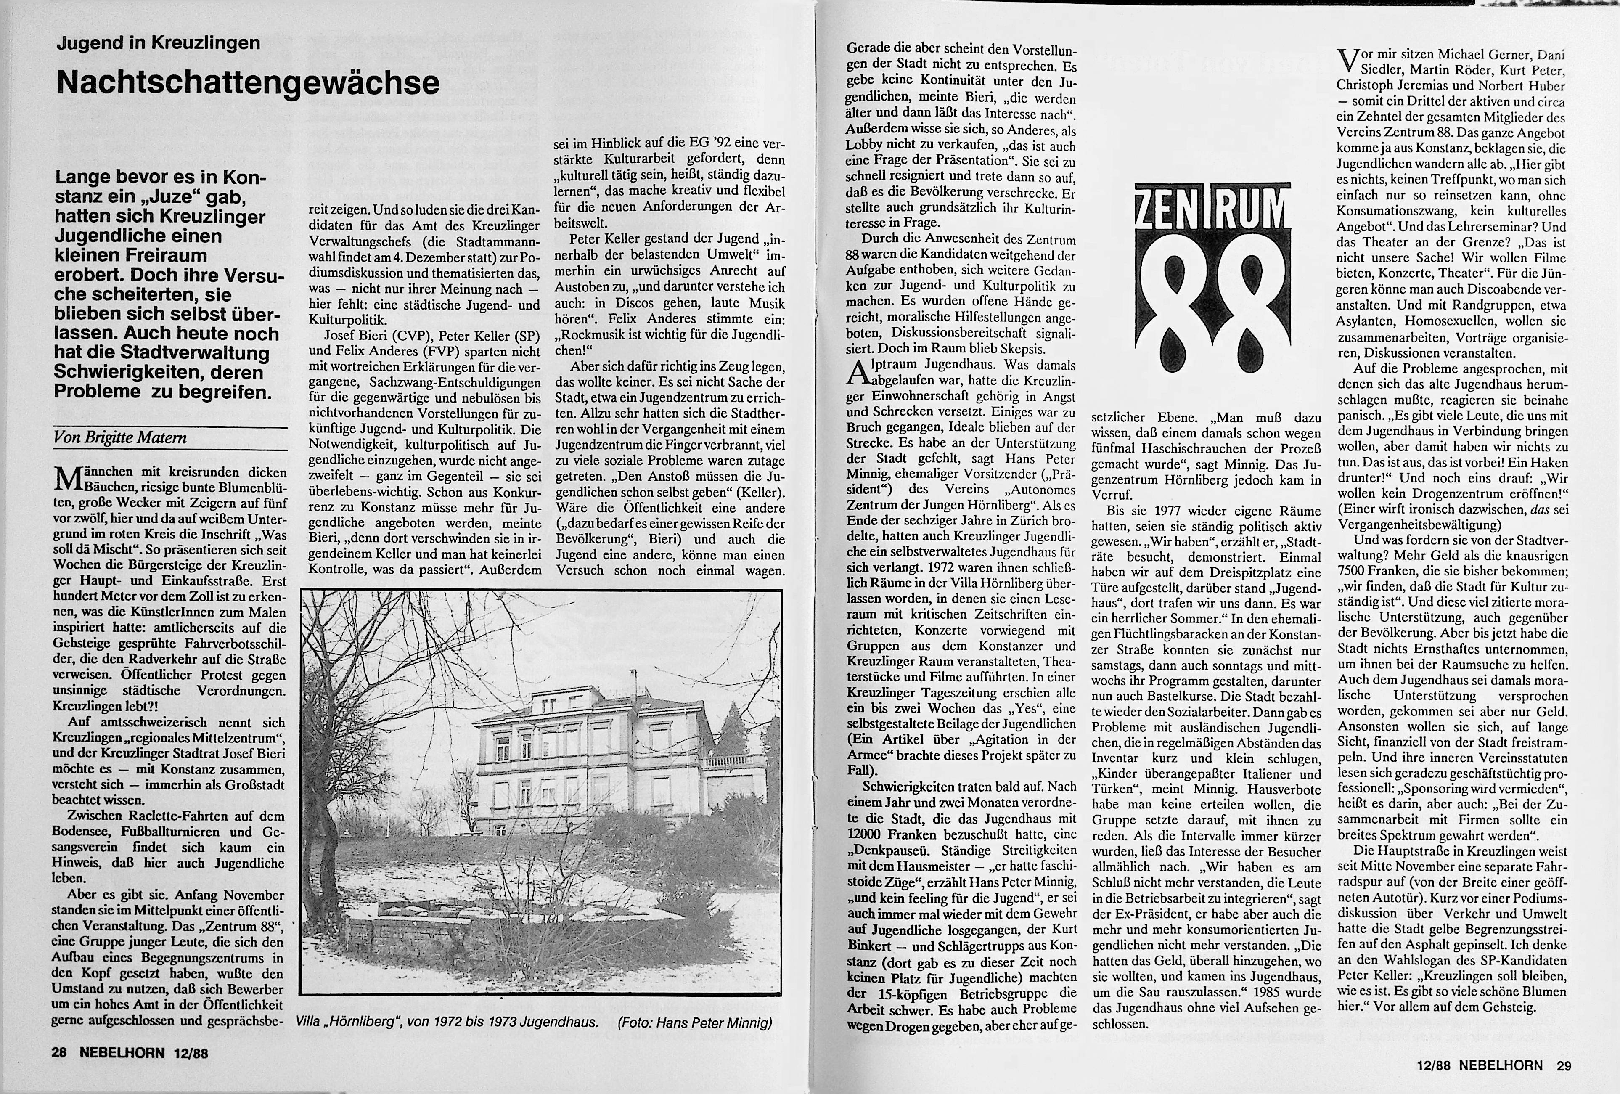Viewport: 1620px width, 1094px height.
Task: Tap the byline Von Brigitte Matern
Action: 120,438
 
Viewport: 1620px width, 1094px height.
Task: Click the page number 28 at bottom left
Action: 59,1053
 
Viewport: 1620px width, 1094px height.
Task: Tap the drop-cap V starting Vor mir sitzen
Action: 1346,61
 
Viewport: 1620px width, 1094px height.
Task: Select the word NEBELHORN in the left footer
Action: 122,1053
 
